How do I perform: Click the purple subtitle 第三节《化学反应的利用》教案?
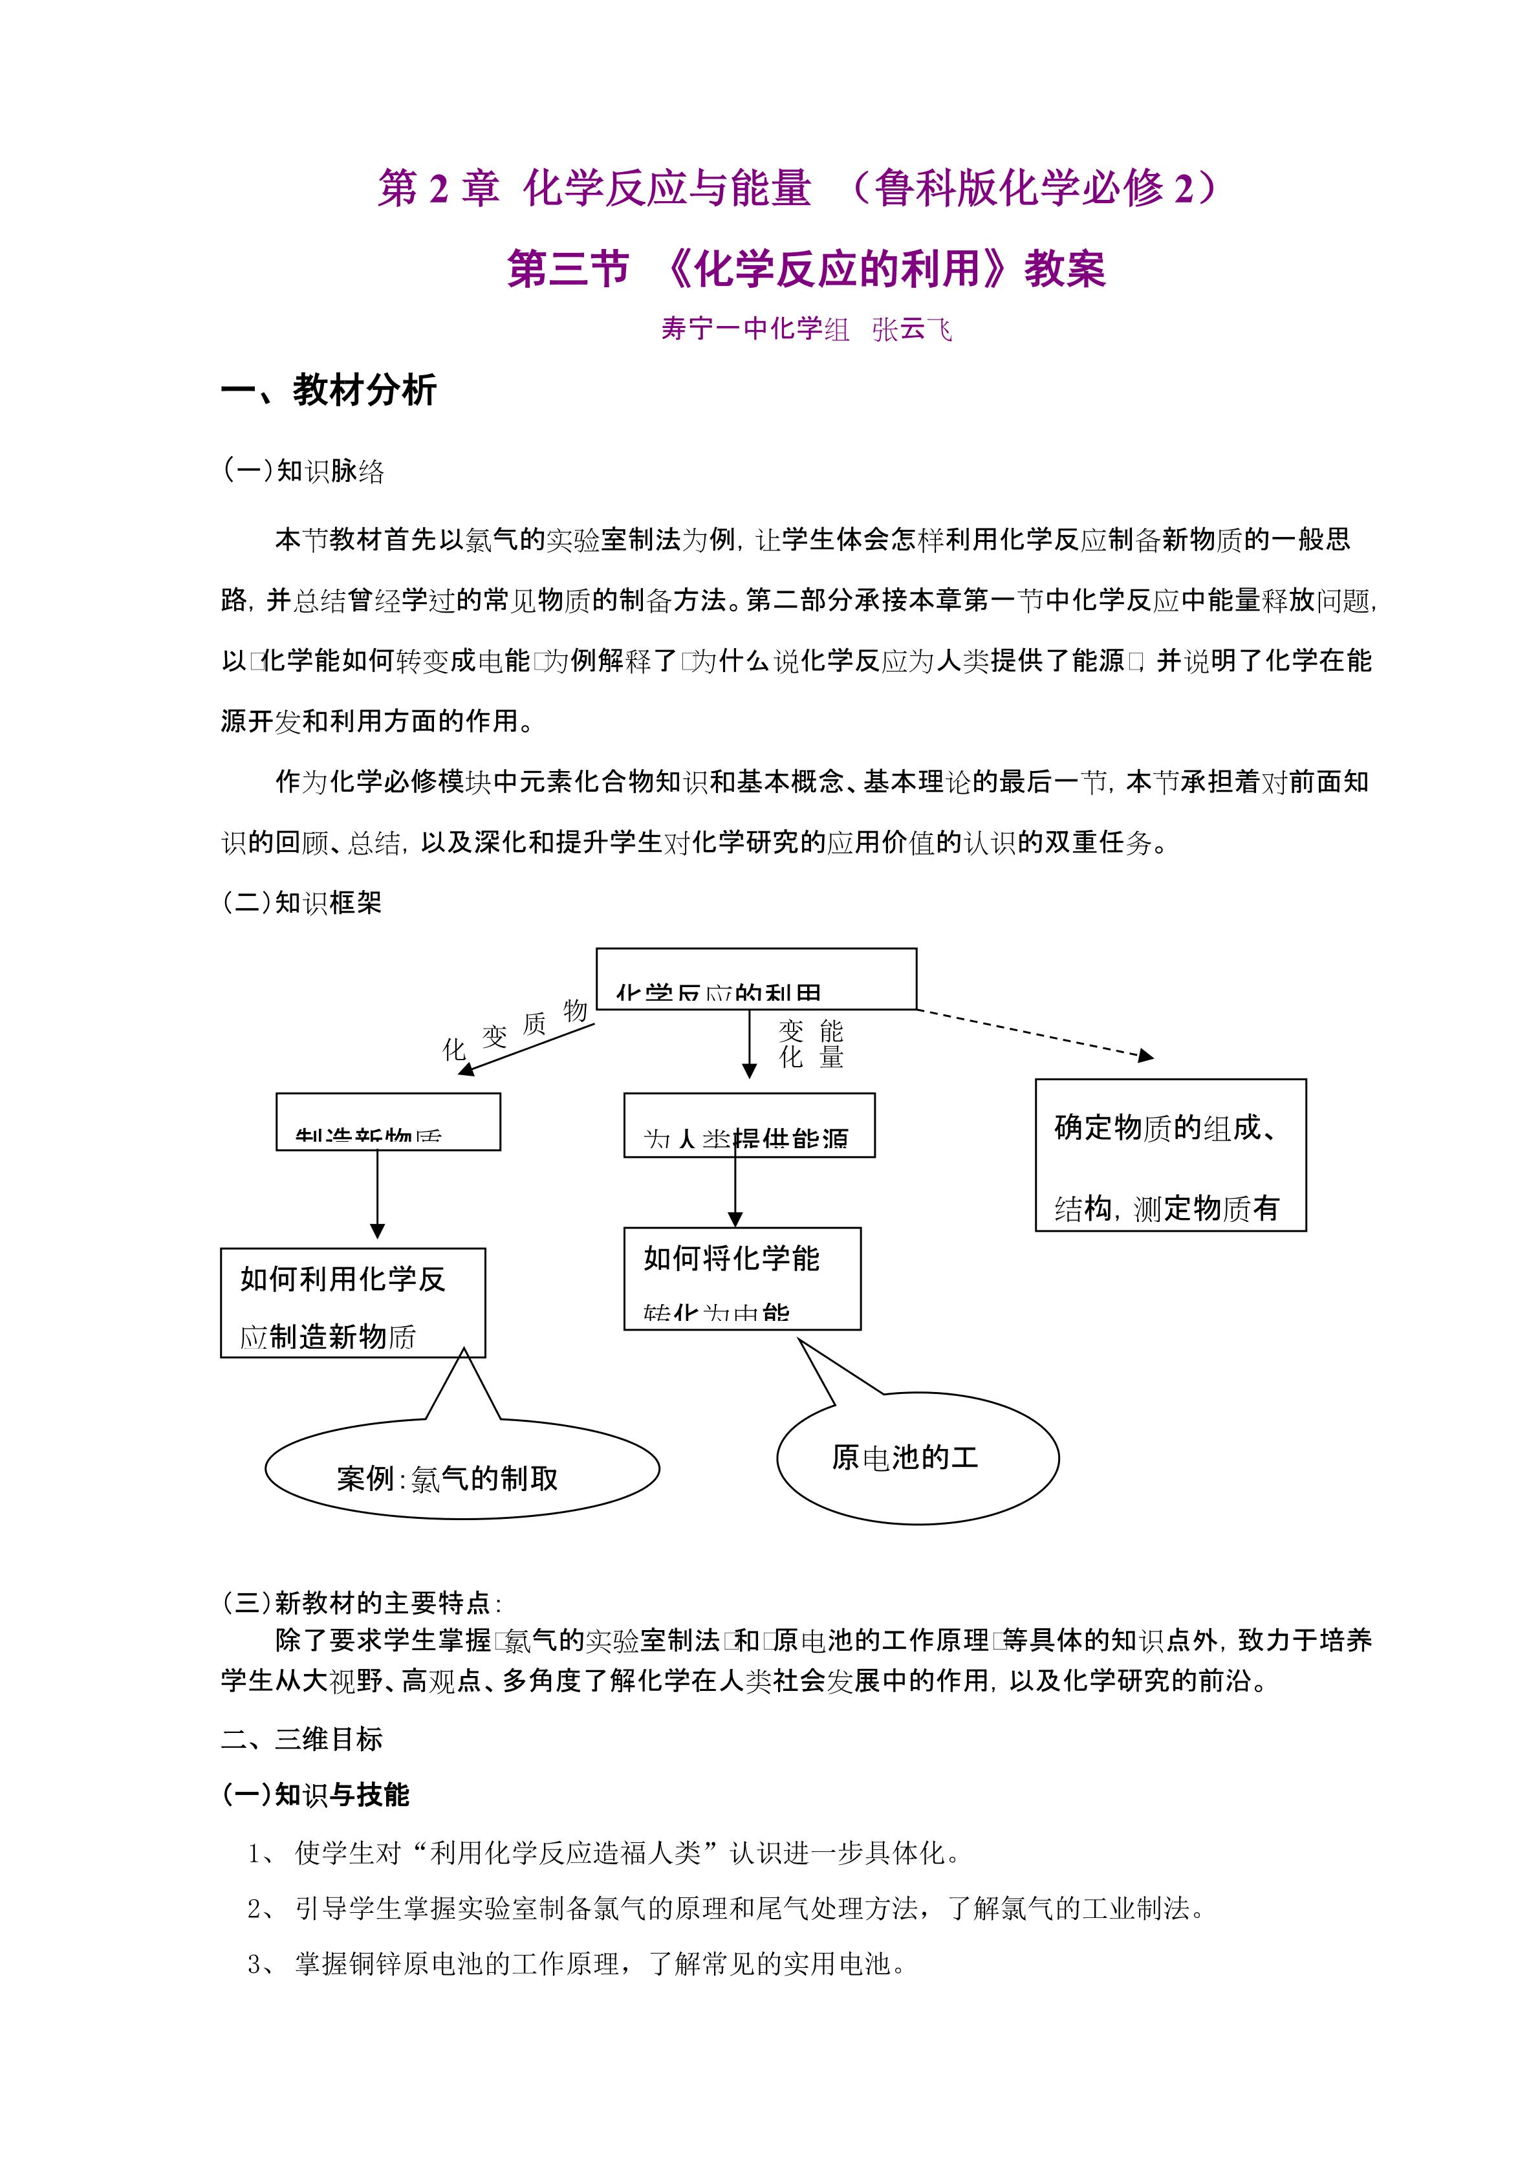(x=806, y=268)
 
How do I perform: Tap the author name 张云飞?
(x=911, y=329)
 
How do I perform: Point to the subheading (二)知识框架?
(x=301, y=902)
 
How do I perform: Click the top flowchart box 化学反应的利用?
(x=756, y=979)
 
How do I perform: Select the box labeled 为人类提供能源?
(x=748, y=1125)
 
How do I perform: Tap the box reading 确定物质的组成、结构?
(x=1169, y=1155)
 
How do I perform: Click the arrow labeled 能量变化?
(x=749, y=1043)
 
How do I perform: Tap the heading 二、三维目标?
(x=301, y=1739)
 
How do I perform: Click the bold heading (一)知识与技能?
(x=315, y=1795)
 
